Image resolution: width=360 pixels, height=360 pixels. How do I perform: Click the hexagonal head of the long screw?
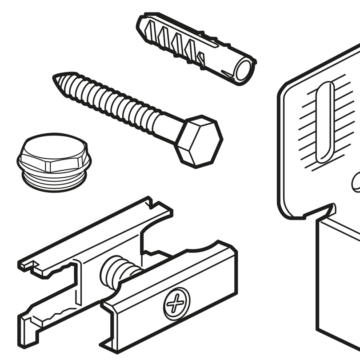(198, 141)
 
